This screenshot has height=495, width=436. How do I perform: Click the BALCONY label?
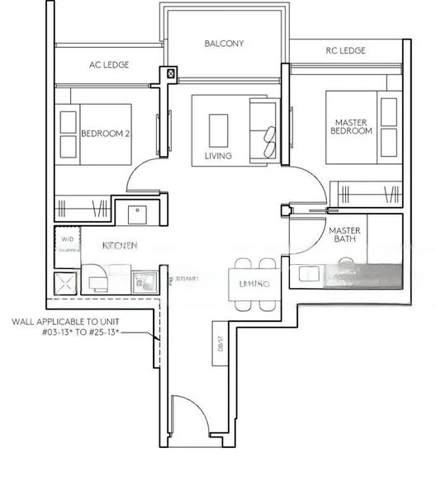pyautogui.click(x=224, y=44)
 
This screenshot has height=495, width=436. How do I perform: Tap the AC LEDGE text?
pyautogui.click(x=109, y=64)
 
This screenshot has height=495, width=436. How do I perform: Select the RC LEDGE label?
pyautogui.click(x=345, y=51)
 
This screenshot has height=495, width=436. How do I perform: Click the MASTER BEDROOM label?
pyautogui.click(x=351, y=125)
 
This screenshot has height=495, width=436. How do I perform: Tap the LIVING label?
pyautogui.click(x=218, y=156)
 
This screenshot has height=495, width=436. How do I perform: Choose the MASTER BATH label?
pyautogui.click(x=344, y=236)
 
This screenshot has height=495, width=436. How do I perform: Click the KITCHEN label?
pyautogui.click(x=120, y=246)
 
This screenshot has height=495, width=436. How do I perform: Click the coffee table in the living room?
pyautogui.click(x=219, y=128)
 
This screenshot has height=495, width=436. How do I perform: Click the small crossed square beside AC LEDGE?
pyautogui.click(x=171, y=73)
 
